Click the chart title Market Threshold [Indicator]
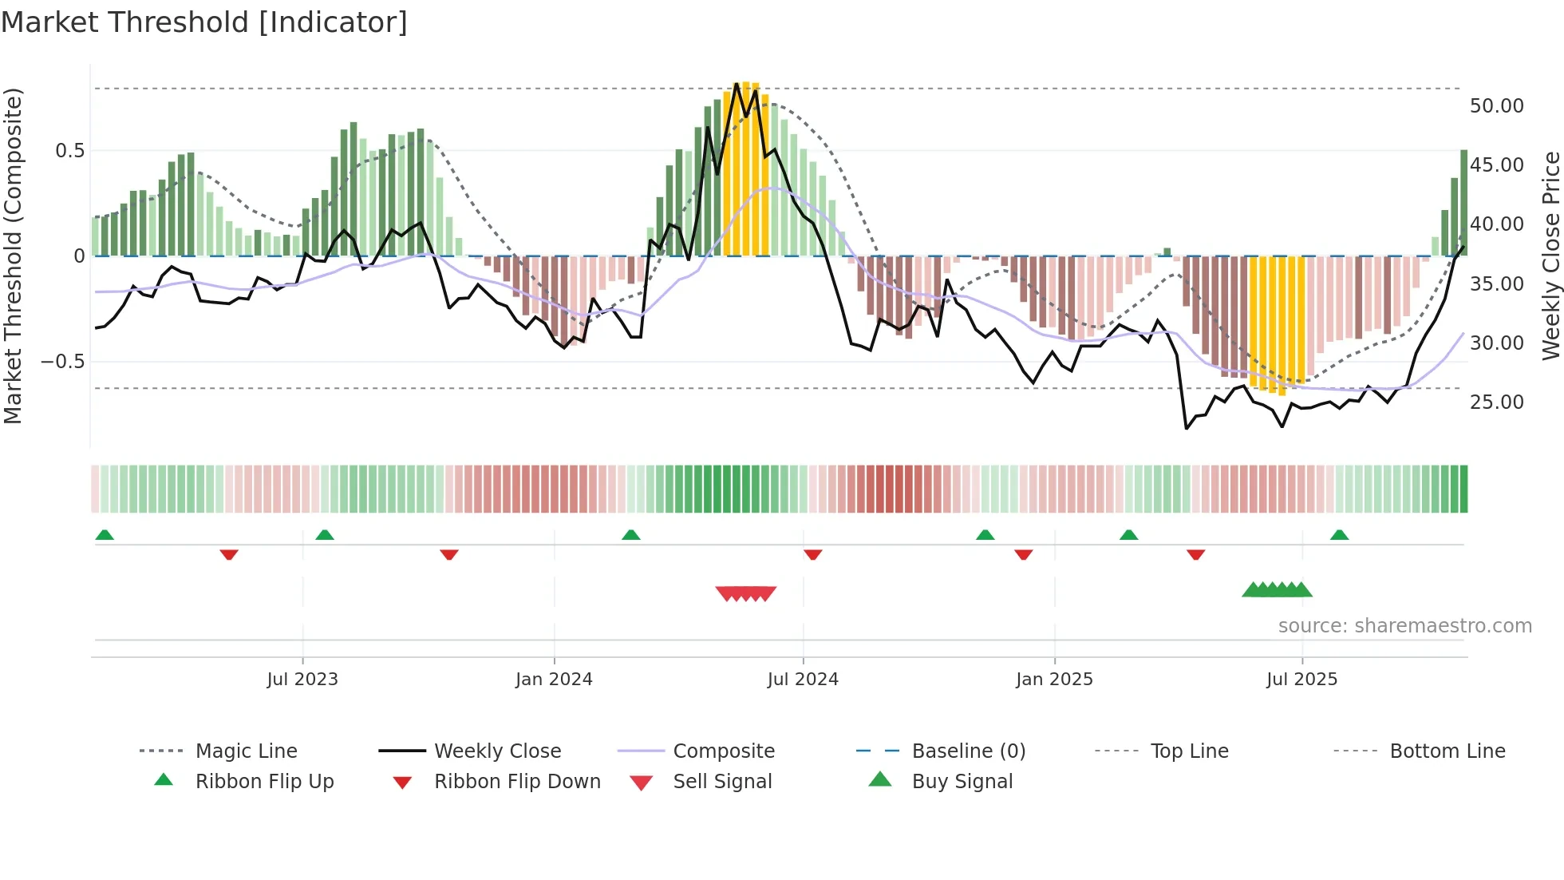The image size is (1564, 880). coord(204,22)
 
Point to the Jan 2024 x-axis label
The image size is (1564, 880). coord(554,679)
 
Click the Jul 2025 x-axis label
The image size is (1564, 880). coord(1301,679)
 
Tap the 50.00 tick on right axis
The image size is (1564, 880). coord(1496,105)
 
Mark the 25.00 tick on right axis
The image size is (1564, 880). coord(1496,402)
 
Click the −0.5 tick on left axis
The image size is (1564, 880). coord(62,361)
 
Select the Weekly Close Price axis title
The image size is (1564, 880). coord(1550,256)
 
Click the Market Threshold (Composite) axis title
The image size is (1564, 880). coord(13,256)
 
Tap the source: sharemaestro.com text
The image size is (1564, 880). coord(1404,625)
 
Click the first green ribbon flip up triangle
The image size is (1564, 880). coord(105,535)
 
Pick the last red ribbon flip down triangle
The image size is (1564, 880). coord(1195,554)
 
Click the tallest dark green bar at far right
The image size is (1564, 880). coord(1464,203)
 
